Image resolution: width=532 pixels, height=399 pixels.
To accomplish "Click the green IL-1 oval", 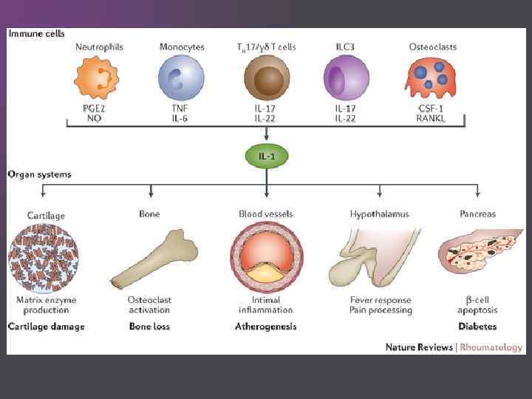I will [x=266, y=157].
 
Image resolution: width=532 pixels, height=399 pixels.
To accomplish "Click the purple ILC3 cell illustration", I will [x=347, y=80].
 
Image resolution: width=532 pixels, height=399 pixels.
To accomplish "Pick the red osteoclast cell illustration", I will [x=433, y=80].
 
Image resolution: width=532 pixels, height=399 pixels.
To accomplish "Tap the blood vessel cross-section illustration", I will [x=266, y=258].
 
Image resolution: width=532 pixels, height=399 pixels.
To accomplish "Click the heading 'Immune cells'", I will [x=36, y=33].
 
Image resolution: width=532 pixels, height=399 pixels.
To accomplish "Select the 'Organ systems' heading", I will [x=40, y=175].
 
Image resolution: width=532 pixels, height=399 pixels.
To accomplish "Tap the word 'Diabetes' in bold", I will [x=477, y=326].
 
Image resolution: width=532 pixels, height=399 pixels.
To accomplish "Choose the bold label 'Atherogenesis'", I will [x=266, y=326].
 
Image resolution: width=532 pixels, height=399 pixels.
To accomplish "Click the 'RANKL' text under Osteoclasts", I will [x=433, y=118].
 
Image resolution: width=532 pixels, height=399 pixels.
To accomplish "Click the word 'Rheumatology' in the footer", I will [x=491, y=347].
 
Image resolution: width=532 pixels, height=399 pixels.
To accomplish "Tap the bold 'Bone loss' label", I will [x=150, y=326].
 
